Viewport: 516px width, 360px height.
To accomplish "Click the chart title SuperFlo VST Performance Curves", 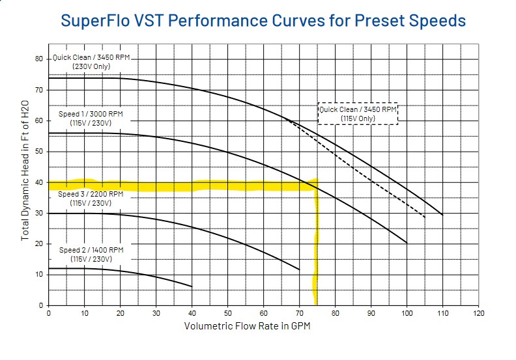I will (263, 20).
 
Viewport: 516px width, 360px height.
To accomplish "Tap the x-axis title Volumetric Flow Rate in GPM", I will (247, 325).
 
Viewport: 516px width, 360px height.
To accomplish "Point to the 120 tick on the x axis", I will (479, 313).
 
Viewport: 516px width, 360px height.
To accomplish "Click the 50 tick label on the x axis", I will (228, 313).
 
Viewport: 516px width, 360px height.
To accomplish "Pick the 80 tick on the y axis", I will (39, 59).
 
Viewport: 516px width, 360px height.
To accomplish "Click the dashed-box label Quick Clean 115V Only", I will (358, 114).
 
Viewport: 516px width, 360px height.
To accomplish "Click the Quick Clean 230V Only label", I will (91, 62).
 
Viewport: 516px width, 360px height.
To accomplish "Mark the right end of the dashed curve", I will (425, 217).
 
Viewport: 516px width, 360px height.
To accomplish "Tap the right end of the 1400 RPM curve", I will (192, 286).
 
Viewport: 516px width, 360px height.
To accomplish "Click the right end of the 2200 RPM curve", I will (299, 270).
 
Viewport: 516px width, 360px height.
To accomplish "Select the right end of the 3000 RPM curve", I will (407, 243).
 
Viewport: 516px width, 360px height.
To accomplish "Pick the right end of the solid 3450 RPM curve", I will (442, 214).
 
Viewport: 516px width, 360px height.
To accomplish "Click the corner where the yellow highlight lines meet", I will (316, 186).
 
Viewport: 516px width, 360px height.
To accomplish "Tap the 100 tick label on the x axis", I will (407, 313).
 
